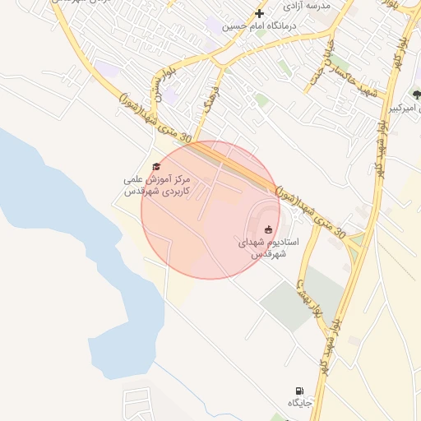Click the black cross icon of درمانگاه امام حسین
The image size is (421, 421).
tap(260, 13)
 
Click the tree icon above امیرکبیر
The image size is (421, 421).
tap(415, 95)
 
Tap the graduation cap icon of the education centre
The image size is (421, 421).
tap(157, 166)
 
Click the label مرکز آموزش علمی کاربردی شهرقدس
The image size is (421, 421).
tap(156, 184)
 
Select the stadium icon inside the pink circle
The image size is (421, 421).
tap(268, 229)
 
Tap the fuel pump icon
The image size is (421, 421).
tap(298, 391)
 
